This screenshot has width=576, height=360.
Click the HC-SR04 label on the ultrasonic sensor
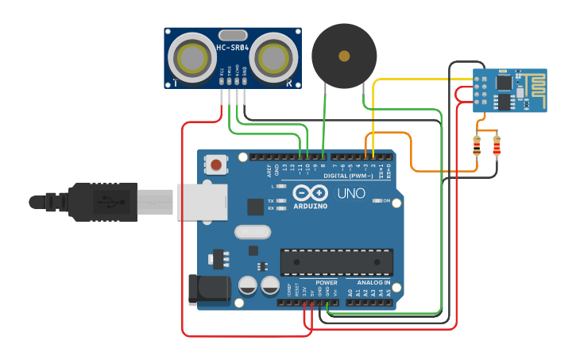click(233, 48)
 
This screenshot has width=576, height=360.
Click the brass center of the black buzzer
click(344, 56)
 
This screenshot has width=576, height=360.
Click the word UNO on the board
click(351, 194)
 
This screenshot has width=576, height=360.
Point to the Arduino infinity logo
click(310, 193)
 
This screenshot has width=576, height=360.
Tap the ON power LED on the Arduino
click(377, 201)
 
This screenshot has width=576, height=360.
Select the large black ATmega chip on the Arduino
click(336, 261)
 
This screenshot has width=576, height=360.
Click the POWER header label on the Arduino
click(327, 282)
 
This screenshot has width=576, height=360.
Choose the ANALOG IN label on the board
click(373, 282)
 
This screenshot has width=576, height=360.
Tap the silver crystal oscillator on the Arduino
click(252, 232)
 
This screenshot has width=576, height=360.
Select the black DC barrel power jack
click(208, 289)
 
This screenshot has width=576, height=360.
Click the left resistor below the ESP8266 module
click(477, 145)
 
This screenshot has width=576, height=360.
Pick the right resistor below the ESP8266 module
click(497, 145)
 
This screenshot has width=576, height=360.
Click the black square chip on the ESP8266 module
click(504, 83)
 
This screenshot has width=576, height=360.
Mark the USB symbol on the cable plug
click(103, 202)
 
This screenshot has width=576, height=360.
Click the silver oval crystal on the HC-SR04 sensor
click(233, 35)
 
